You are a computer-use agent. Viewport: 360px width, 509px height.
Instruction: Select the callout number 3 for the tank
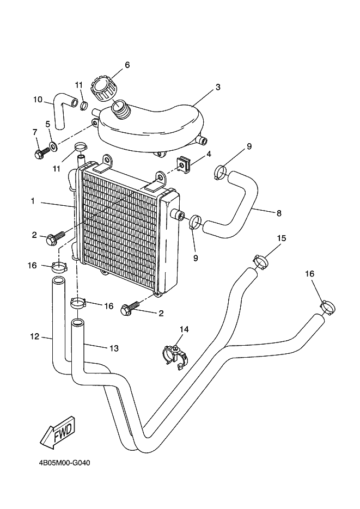[x=217, y=87]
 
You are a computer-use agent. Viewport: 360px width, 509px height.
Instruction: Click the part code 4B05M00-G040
[x=64, y=463]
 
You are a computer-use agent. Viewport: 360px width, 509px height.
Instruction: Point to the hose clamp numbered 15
[x=261, y=260]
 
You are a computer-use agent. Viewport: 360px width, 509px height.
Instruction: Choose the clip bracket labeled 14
[x=176, y=356]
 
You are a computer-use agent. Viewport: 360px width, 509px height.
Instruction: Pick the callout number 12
[x=34, y=337]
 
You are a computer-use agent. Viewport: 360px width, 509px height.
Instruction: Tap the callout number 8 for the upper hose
[x=279, y=213]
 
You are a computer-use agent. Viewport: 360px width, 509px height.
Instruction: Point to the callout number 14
[x=184, y=329]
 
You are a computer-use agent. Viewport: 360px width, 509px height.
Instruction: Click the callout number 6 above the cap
[x=127, y=65]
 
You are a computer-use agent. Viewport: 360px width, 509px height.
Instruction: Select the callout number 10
[x=38, y=100]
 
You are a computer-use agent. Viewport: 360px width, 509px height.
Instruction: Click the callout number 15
[x=282, y=238]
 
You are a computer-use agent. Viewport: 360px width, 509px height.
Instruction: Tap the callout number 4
[x=209, y=155]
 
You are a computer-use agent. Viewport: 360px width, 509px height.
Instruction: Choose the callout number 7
[x=34, y=132]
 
